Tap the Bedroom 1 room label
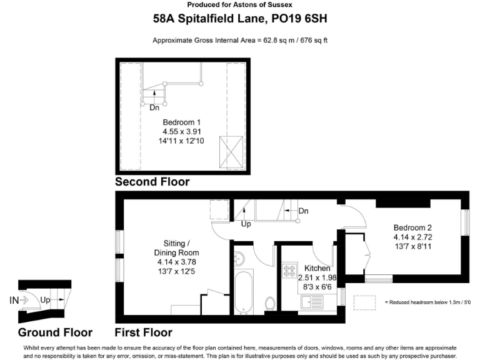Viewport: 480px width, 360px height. pos(181,122)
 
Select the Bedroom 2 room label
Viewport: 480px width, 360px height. pos(412,227)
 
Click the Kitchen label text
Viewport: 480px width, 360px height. pos(317,267)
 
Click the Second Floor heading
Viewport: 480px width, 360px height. pos(152,182)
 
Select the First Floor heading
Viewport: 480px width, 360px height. pos(143,332)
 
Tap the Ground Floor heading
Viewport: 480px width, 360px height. pos(55,332)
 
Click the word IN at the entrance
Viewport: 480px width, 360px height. pos(14,300)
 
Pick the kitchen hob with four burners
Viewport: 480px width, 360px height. pos(290,271)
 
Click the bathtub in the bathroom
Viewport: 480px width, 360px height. pos(243,292)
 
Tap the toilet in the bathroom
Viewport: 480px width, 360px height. pos(269,304)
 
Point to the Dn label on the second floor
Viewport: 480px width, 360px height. pos(154,107)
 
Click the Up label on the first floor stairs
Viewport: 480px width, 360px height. pos(246,224)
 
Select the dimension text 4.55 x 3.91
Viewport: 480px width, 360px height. pos(181,132)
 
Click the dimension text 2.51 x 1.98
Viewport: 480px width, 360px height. pos(317,277)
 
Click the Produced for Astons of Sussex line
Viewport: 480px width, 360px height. pos(240,5)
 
